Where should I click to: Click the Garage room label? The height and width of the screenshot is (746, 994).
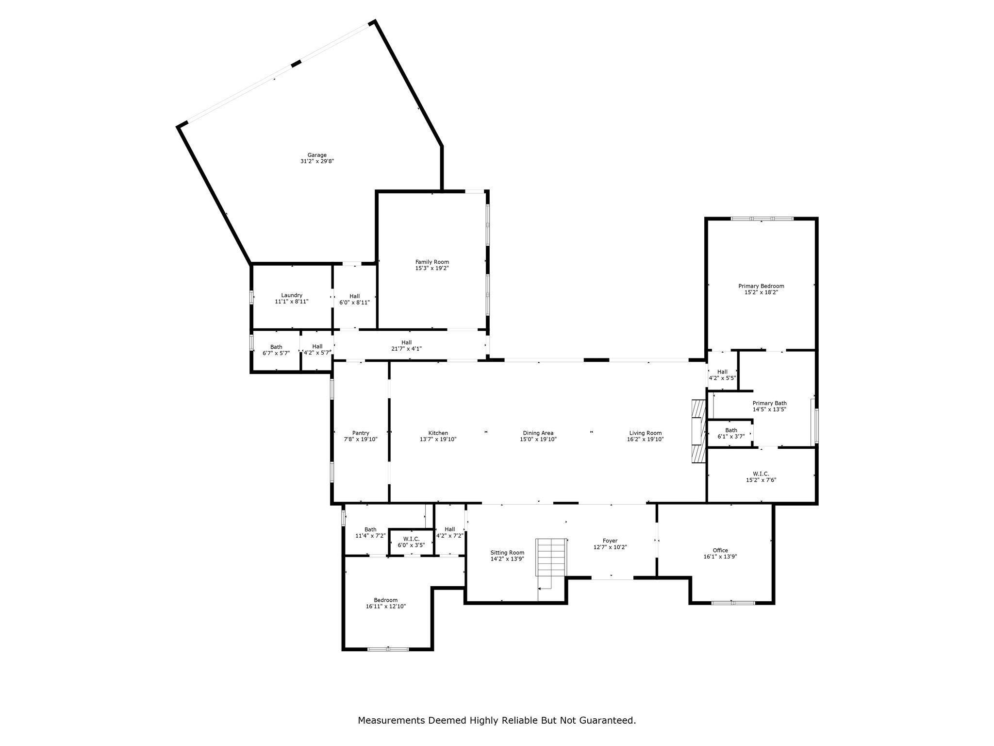tap(317, 155)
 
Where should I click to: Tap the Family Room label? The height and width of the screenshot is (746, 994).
tap(432, 262)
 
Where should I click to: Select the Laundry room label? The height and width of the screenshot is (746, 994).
tap(292, 295)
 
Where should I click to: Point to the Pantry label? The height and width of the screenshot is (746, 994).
tap(361, 433)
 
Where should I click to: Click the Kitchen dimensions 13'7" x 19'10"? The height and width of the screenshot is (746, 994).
tap(438, 439)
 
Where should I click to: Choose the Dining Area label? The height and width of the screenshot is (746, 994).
tap(538, 433)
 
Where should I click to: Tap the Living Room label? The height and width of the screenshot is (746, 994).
tap(646, 433)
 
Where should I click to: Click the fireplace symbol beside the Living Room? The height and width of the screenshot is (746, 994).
tap(699, 432)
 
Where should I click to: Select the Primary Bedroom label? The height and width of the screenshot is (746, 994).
tap(762, 286)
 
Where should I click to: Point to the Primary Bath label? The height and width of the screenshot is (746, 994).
tap(770, 403)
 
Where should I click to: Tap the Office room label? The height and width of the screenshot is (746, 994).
tap(720, 550)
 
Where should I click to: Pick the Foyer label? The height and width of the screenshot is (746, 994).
tap(610, 541)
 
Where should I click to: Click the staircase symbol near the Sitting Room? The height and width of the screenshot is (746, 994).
tap(551, 557)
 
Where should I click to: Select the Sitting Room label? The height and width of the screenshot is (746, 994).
tap(507, 552)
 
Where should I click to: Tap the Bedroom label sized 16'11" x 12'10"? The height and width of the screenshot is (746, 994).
tap(386, 600)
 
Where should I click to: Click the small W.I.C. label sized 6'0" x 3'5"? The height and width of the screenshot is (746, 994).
tap(412, 539)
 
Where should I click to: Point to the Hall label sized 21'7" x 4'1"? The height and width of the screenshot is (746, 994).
tap(407, 342)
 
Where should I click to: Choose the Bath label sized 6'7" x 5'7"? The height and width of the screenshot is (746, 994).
tap(276, 347)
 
